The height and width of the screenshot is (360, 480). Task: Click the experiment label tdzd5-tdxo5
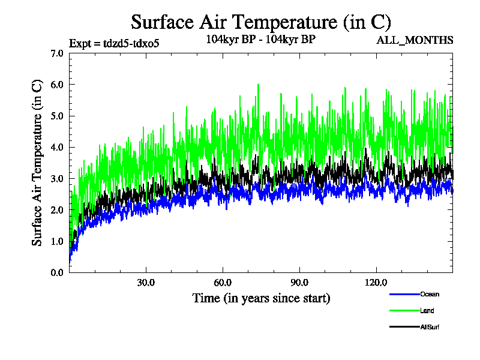coord(115,43)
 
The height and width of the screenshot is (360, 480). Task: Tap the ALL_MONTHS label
coord(415,40)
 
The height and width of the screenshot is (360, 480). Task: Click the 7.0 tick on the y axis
coord(58,53)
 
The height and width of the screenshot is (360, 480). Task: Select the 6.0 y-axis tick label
coord(58,85)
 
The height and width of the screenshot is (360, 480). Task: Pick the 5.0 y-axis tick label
coord(58,116)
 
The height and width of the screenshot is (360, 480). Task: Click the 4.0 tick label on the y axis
coord(58,147)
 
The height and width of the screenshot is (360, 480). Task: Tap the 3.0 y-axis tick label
coord(58,178)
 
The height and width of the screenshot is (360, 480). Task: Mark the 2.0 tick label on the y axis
coord(58,210)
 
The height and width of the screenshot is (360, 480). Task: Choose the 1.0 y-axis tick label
coord(58,241)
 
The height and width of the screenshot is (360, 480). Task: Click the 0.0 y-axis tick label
coord(58,272)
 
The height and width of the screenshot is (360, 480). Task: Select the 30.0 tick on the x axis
coord(146,283)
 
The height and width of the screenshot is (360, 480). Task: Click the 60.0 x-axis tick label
coord(223,283)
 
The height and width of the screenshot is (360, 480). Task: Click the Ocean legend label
coord(430,294)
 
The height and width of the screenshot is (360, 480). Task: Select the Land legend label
coord(427,311)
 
